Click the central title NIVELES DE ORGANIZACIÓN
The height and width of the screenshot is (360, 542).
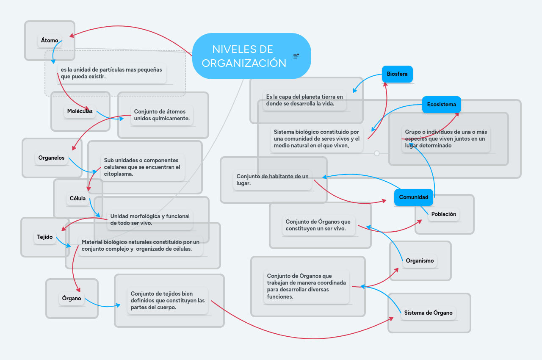(x=243, y=56)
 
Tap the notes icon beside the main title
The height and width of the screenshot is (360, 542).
(x=296, y=56)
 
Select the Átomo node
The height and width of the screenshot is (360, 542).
(x=50, y=41)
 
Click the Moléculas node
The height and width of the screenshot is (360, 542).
(x=80, y=111)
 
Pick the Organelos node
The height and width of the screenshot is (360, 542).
(x=51, y=158)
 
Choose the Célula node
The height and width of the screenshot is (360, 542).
(x=77, y=198)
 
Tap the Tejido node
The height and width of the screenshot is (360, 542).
(x=45, y=237)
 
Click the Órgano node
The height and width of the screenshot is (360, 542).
(x=72, y=299)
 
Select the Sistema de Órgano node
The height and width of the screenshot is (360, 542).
(x=428, y=313)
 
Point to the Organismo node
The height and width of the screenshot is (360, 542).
(x=420, y=261)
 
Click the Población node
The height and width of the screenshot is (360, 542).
(x=443, y=214)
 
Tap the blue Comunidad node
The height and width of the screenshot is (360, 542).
(x=414, y=197)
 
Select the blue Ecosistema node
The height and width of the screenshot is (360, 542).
(x=441, y=105)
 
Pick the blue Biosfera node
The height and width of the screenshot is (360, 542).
(x=397, y=74)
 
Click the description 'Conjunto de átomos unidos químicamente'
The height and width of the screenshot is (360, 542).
(x=162, y=115)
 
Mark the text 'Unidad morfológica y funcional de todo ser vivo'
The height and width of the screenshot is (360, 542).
(x=150, y=219)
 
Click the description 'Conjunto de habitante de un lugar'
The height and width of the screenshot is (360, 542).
(x=272, y=180)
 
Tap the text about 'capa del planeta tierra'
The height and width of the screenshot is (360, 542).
(x=304, y=100)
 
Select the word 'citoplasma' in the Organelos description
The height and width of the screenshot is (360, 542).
(x=118, y=174)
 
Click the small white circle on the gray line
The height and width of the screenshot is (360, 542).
(x=377, y=153)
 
